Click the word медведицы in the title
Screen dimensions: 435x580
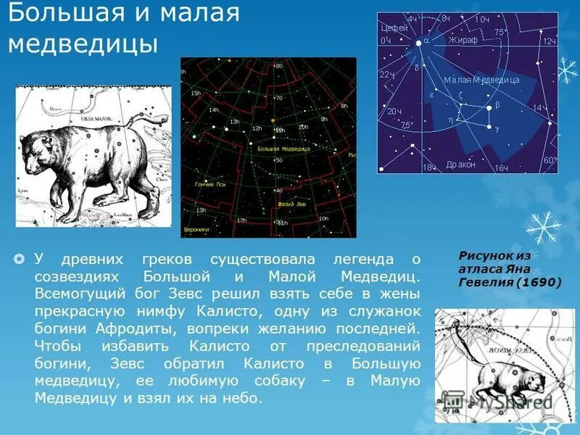coord(83,43)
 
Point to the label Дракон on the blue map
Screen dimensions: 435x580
coord(461,165)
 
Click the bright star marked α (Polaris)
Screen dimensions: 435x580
coord(418,43)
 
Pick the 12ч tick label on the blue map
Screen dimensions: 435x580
coord(549,41)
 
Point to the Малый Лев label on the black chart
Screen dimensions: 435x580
coord(289,204)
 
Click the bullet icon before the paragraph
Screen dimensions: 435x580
coord(20,259)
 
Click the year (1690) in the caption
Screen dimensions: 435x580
coord(538,282)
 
